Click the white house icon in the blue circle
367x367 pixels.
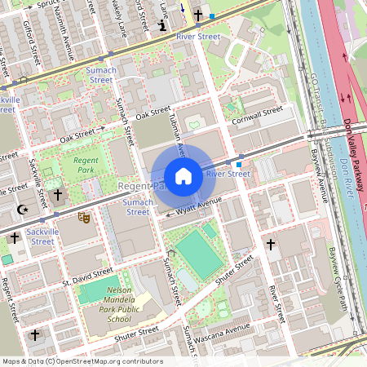[183, 176]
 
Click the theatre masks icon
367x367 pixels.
[82, 218]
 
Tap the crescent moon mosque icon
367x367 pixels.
[22, 210]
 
